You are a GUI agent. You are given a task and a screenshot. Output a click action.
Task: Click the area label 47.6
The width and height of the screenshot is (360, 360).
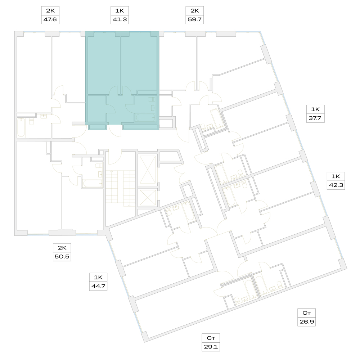pos(50,19)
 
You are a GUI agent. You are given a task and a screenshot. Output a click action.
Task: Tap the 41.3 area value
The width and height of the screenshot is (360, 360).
pos(120,19)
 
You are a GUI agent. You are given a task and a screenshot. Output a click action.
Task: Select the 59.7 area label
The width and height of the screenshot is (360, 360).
pos(194,19)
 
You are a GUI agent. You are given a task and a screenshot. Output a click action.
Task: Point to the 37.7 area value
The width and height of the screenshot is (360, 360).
pos(315,118)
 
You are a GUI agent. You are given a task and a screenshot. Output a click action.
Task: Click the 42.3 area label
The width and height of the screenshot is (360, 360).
pos(336,185)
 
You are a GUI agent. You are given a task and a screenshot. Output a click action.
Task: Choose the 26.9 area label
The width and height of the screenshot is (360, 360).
pos(306,321)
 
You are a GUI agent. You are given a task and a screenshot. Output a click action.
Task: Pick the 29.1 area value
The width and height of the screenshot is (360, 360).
pos(211,347)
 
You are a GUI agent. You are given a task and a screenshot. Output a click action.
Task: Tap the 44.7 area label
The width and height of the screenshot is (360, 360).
pos(98,286)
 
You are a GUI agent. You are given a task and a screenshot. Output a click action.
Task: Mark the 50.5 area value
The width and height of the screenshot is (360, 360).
pos(62,256)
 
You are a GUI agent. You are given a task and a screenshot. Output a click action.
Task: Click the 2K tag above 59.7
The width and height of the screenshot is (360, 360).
pos(194,10)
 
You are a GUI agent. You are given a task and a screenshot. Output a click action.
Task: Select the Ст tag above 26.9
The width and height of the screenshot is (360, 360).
pos(306,313)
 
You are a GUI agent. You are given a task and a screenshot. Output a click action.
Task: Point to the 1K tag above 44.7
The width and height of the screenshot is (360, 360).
pos(98,277)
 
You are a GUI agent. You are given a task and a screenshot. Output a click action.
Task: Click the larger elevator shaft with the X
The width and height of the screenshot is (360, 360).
pos(148,170)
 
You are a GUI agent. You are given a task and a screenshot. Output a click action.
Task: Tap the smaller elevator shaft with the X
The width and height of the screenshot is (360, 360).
pos(148,197)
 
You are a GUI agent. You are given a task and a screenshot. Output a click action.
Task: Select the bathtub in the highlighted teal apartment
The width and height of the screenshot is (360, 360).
pos(145,117)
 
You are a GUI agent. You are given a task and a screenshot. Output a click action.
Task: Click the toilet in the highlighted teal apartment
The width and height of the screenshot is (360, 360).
pos(152,99)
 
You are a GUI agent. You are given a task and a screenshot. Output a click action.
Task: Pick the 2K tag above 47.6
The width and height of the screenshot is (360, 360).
pos(50,10)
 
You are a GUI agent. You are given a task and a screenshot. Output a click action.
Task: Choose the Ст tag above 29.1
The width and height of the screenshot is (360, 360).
pos(211,338)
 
